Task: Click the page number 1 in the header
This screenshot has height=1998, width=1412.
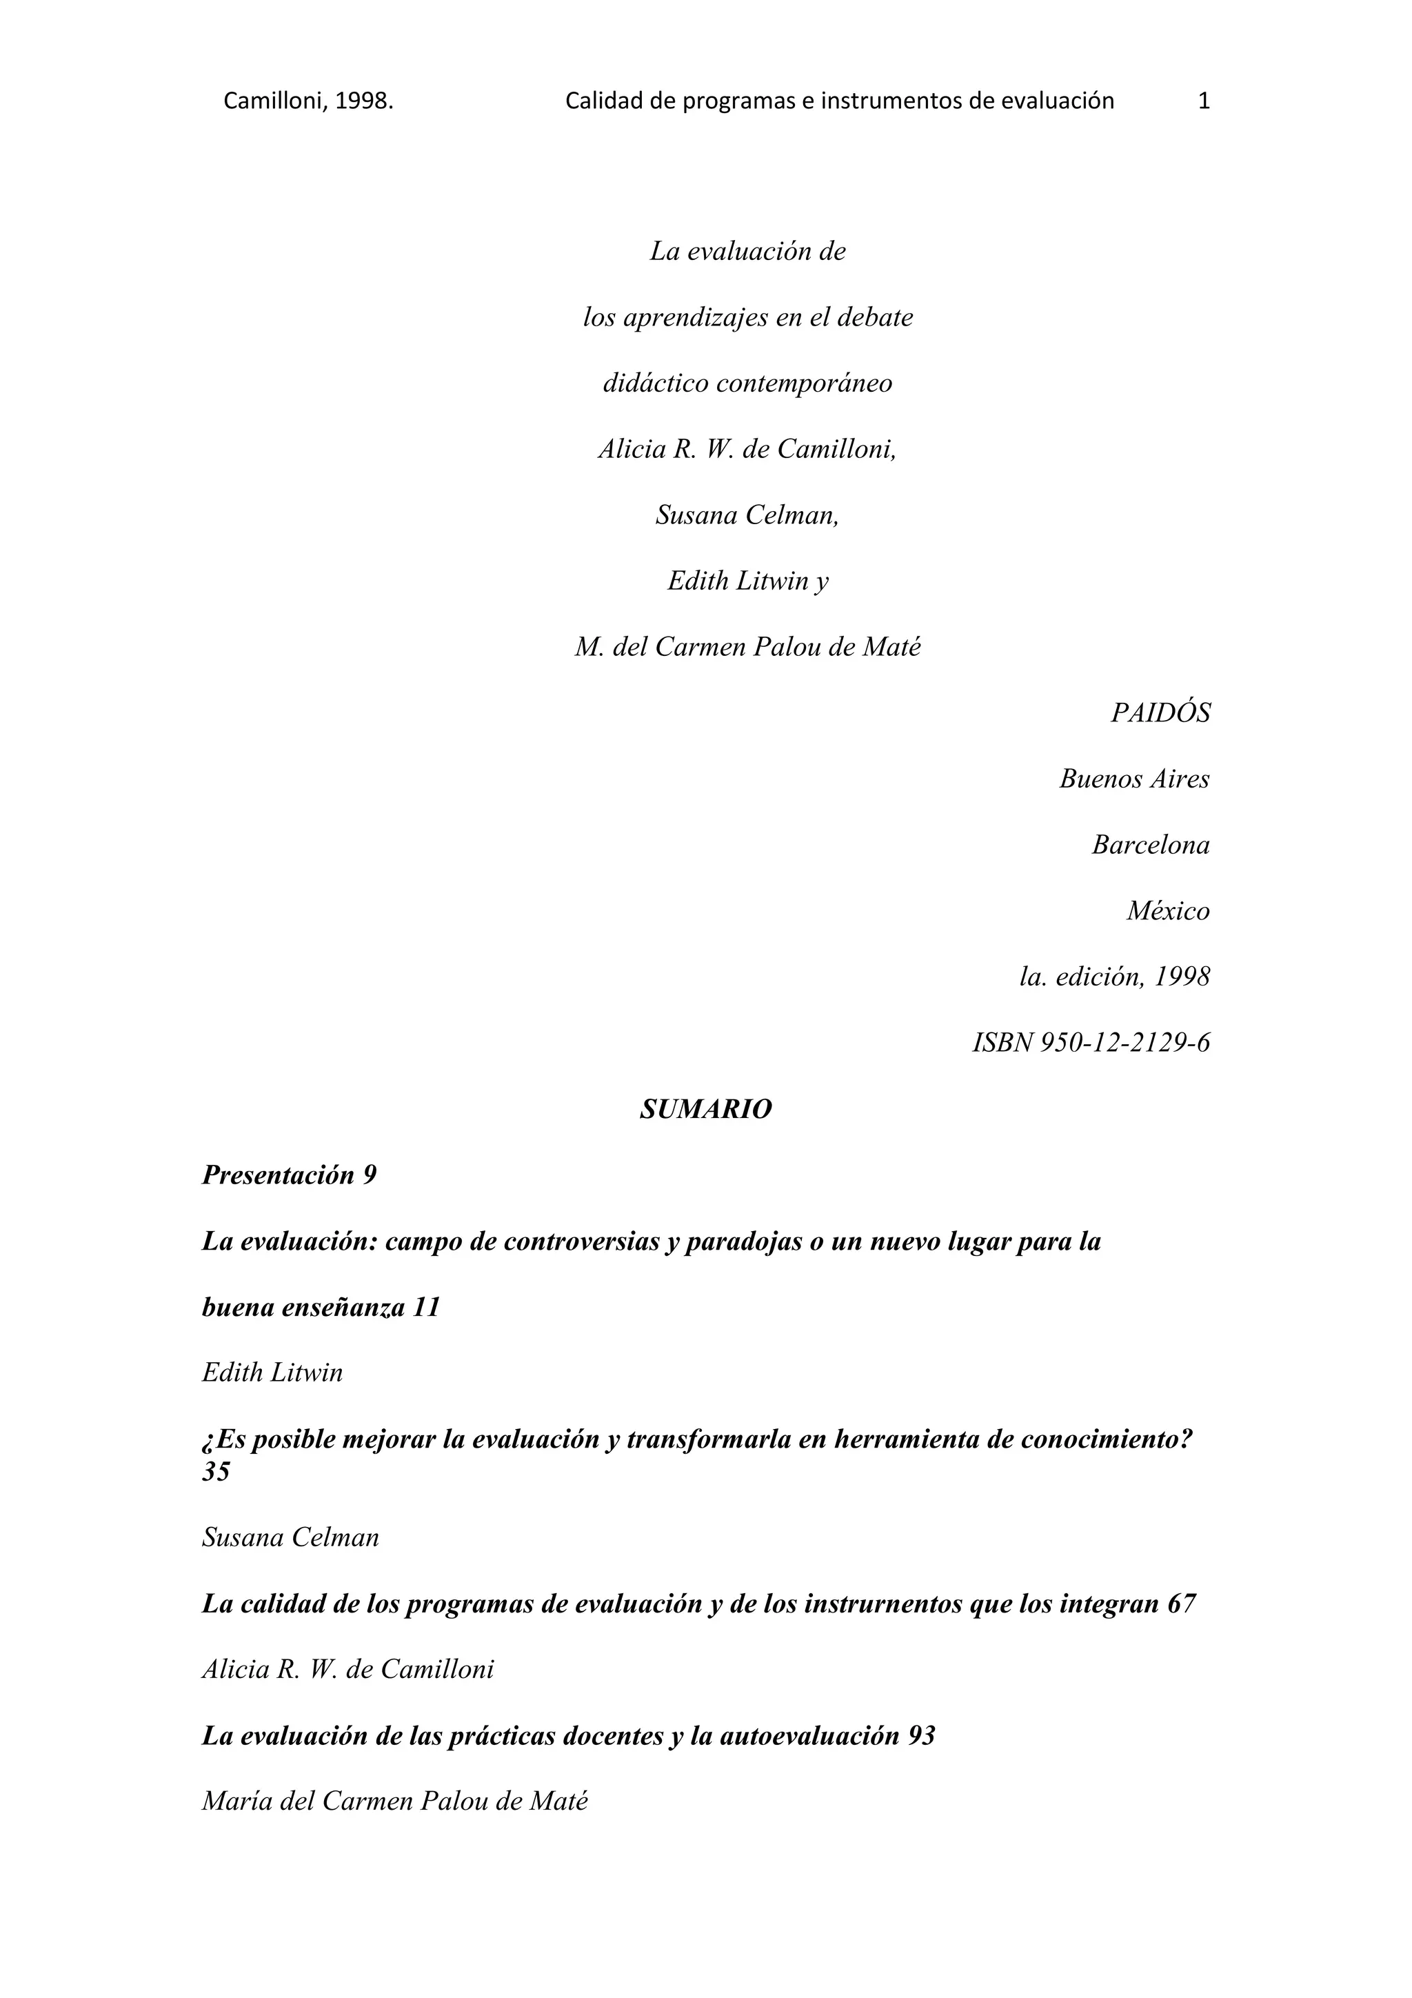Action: [x=1204, y=101]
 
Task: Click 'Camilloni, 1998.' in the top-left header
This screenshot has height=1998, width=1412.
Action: [x=308, y=101]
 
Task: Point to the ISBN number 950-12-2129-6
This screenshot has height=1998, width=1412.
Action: [x=1124, y=1043]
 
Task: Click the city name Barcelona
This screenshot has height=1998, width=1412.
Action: [x=1150, y=845]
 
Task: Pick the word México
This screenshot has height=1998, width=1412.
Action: [x=1167, y=911]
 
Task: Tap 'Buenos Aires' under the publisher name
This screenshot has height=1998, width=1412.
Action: [x=1133, y=779]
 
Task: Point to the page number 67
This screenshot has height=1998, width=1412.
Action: [x=1182, y=1603]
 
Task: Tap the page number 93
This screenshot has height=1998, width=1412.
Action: [x=920, y=1735]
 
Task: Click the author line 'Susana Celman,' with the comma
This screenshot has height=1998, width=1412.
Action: [x=747, y=515]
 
